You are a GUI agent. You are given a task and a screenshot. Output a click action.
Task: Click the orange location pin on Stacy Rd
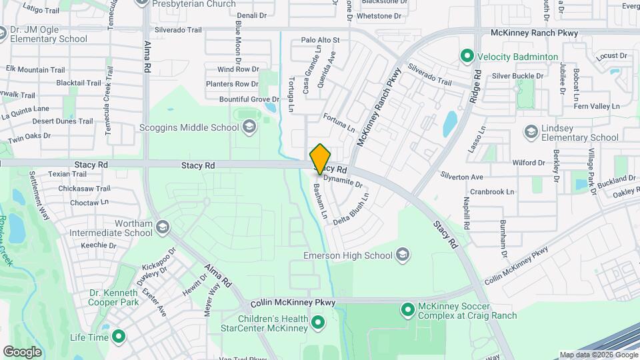tap(320, 159)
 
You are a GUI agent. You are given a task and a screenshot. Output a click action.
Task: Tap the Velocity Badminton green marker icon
tap(467, 57)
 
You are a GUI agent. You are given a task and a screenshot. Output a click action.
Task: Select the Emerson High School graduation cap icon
tap(402, 255)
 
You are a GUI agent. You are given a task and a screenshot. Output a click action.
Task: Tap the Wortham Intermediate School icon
tap(161, 228)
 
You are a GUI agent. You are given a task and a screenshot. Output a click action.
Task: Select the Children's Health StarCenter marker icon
tap(318, 323)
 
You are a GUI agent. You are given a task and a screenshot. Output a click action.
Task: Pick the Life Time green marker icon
tap(119, 337)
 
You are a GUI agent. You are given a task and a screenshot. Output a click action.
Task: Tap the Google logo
tap(22, 351)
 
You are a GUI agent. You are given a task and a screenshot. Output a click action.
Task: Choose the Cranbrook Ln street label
tap(492, 191)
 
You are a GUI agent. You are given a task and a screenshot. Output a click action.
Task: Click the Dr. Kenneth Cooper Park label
tap(115, 297)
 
